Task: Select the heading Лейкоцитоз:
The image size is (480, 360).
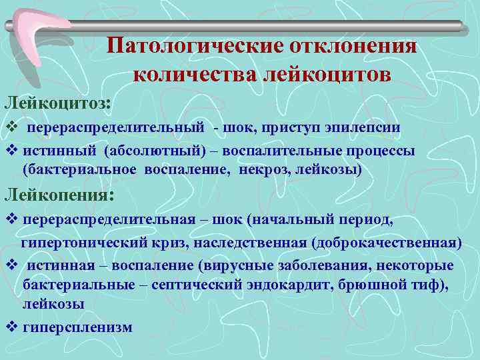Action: tap(59, 103)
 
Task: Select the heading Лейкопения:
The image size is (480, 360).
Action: tap(59, 195)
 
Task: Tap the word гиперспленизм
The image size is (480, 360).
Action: tap(77, 327)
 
